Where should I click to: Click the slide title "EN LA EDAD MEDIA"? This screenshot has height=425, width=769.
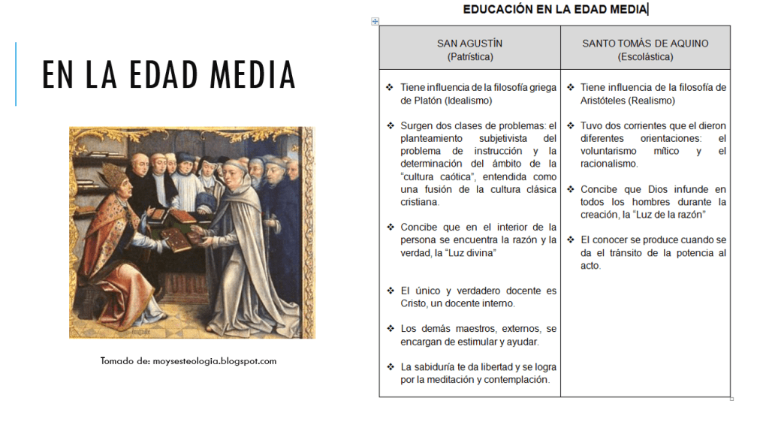pos(169,75)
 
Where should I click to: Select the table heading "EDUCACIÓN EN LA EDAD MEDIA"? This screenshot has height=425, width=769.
pos(555,9)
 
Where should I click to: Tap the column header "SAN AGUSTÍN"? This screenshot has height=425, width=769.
pos(470,44)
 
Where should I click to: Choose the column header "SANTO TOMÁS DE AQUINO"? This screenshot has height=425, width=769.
pos(645,44)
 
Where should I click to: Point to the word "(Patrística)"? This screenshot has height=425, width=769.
pos(470,56)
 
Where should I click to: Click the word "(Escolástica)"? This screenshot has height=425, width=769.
pos(645,56)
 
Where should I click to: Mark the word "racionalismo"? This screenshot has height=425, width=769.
pos(608,164)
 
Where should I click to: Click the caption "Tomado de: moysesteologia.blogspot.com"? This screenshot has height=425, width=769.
pos(188,361)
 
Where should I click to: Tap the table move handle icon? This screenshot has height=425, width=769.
pos(375,22)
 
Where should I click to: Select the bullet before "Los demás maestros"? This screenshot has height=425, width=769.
pos(390,329)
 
